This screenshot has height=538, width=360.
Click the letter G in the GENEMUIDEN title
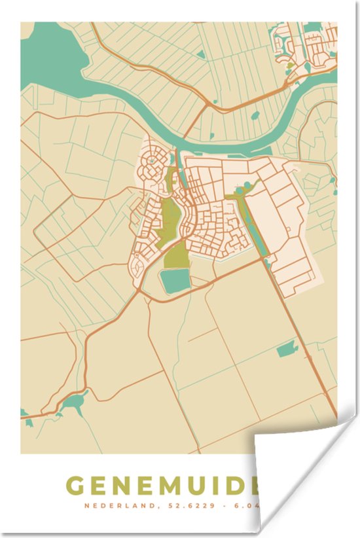76,486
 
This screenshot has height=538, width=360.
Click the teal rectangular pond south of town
175,281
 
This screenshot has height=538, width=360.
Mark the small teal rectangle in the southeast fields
287,350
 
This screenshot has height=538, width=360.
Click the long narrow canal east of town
255,226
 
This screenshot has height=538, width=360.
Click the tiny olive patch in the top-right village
289,65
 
